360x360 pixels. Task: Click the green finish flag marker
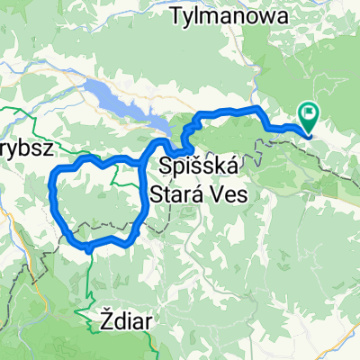(310, 118)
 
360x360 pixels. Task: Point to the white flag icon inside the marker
(310, 113)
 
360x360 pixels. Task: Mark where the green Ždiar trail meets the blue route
(89, 245)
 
